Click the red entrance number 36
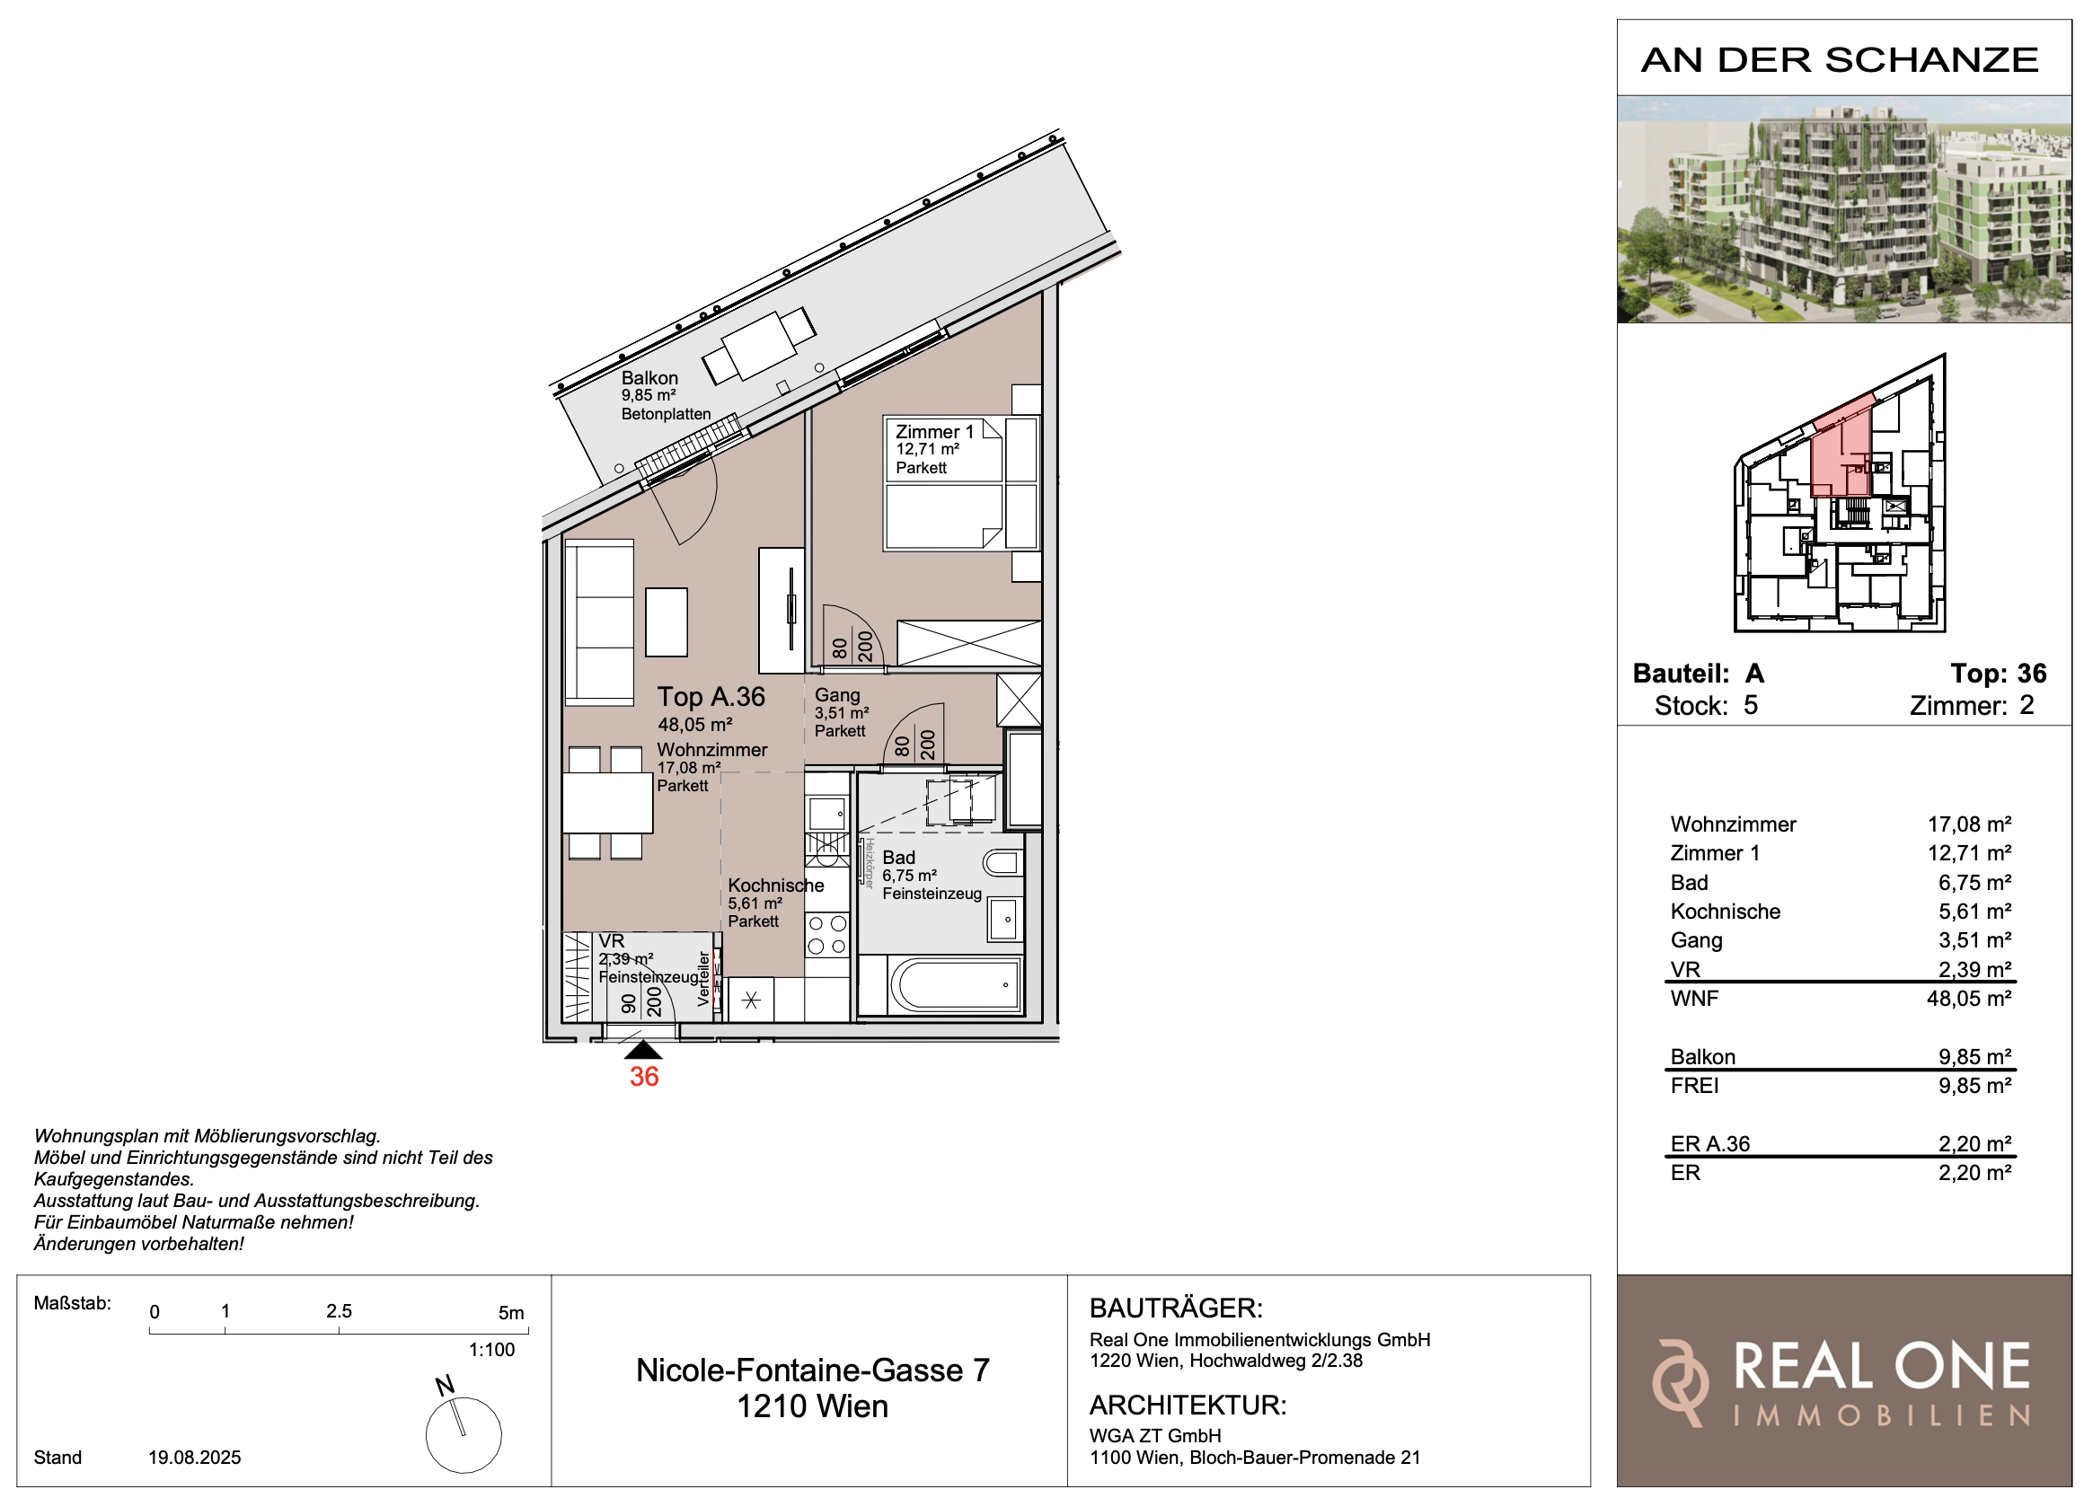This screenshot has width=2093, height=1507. coord(644,1076)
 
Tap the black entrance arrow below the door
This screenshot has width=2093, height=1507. coord(643,1050)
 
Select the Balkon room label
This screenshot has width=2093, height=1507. coord(649,378)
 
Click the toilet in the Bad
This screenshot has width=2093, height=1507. coord(1003,864)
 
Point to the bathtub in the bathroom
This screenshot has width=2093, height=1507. coord(956,985)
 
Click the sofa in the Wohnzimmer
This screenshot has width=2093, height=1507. coord(599,623)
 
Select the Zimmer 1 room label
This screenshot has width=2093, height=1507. coord(935,432)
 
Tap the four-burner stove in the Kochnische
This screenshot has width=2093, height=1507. coord(826,934)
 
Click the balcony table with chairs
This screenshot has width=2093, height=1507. coord(759,346)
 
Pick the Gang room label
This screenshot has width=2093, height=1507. coord(837,696)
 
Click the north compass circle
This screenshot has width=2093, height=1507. coord(464,1435)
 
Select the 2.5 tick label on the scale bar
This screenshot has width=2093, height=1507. coord(339,1311)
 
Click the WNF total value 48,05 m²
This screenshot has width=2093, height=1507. coord(1968,999)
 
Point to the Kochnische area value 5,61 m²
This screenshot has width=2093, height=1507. coord(755,903)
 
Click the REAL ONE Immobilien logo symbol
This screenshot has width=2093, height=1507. coord(1680,1382)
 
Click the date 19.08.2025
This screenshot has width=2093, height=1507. coord(195,1458)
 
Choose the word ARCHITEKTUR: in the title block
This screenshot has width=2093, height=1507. coord(1188,1406)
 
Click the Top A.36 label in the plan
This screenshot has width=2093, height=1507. coord(711,697)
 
